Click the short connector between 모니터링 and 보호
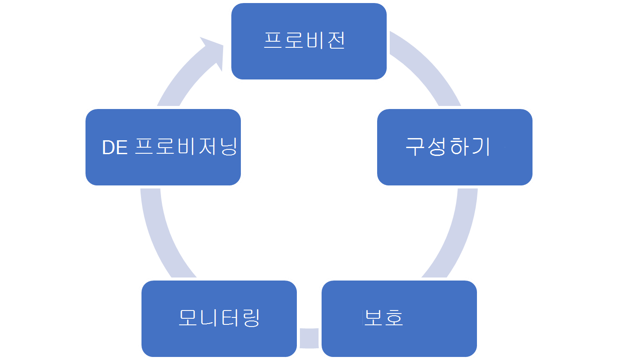[x=309, y=338]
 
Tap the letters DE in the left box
[x=115, y=148]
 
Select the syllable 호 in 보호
[x=394, y=318]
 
